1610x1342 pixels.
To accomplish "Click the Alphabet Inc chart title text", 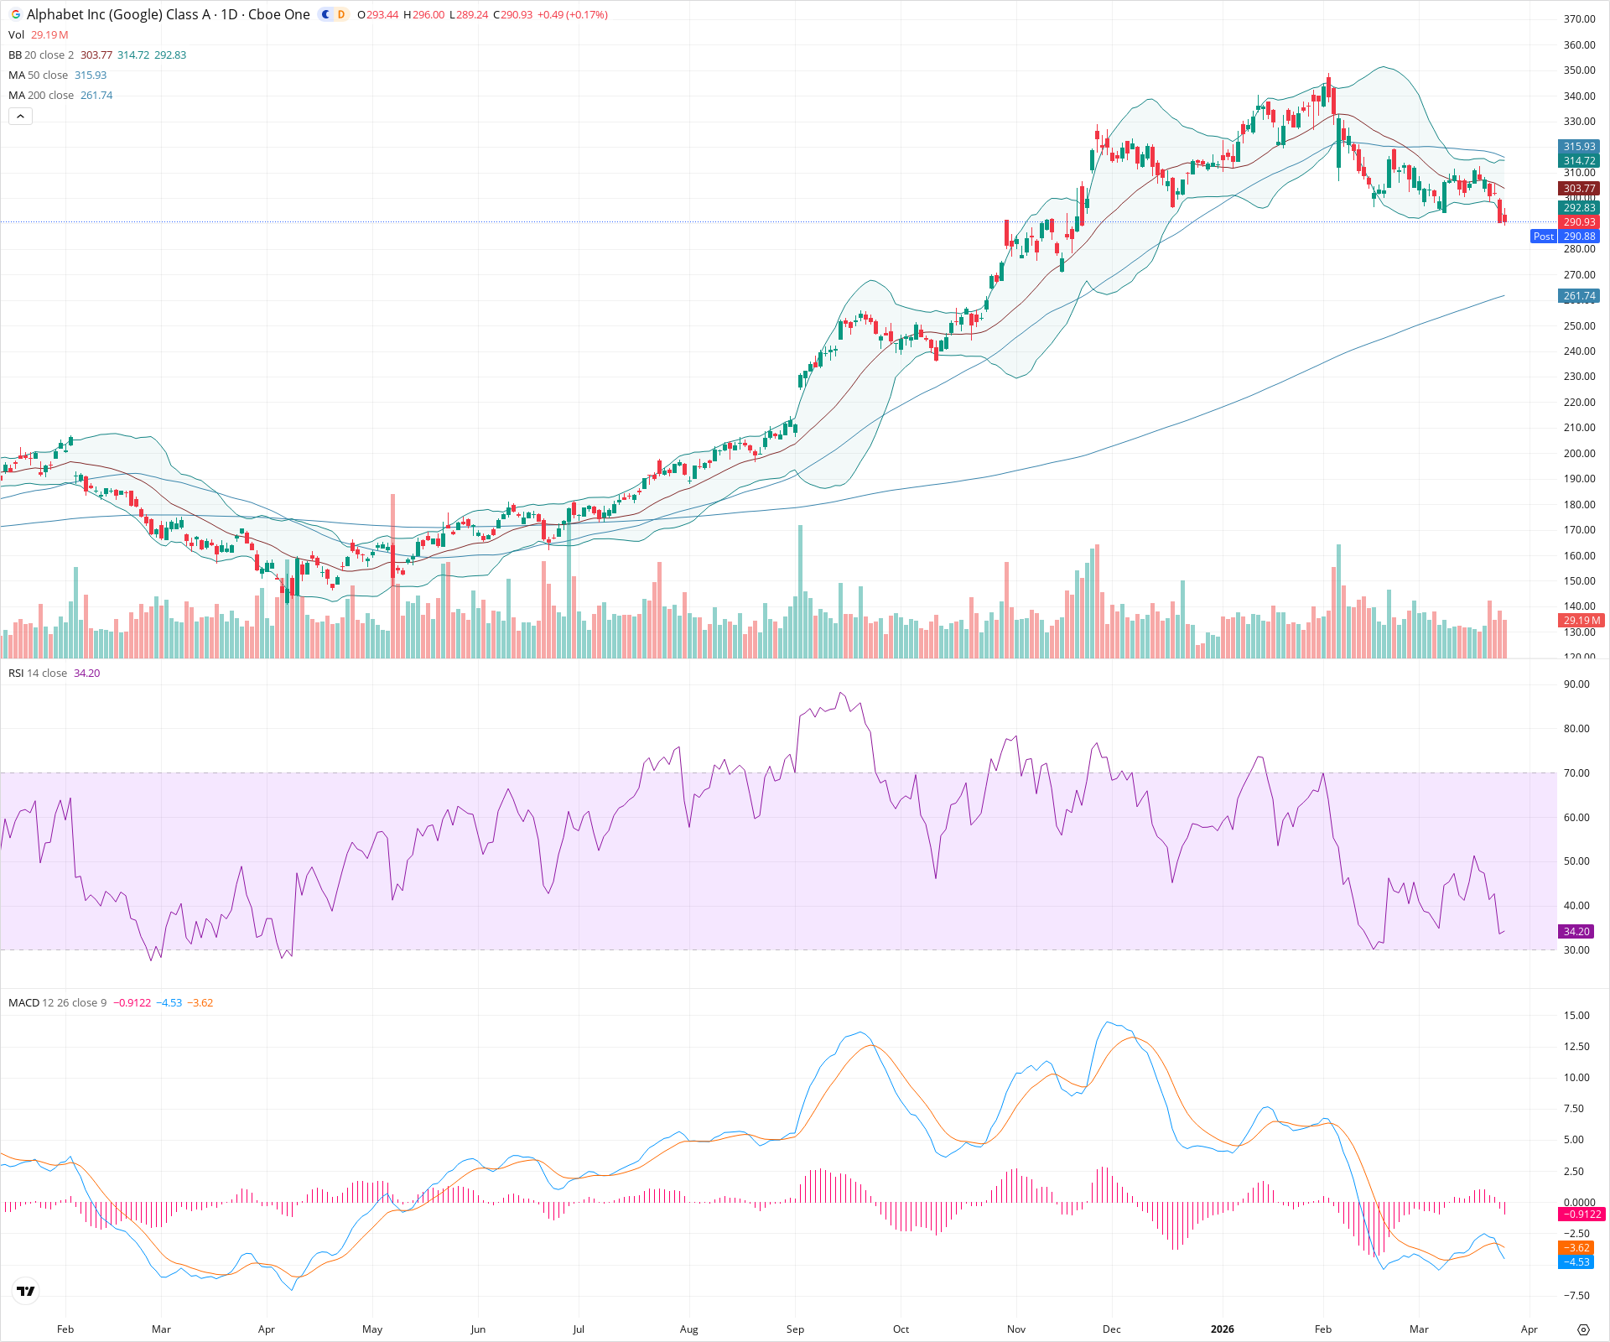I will coord(168,14).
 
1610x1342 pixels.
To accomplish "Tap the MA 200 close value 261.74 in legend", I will coord(96,95).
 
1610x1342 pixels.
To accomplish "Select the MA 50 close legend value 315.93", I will coord(91,75).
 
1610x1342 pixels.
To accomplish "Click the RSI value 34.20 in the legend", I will coord(86,673).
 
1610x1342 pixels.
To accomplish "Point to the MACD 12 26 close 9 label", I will coord(57,1002).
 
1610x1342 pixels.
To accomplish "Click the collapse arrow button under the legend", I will coord(21,117).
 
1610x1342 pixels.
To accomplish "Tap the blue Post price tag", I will coord(1543,237).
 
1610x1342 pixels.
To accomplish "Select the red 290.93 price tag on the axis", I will coord(1579,222).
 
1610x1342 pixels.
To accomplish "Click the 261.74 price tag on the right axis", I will coord(1579,296).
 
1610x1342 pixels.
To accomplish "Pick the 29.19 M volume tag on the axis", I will coord(1581,621).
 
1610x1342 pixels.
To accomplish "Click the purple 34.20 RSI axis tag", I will coord(1576,931).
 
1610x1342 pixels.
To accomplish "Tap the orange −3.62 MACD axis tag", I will coord(1576,1248).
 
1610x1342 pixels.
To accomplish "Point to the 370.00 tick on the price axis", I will coord(1579,19).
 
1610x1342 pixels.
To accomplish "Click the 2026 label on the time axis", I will coord(1223,1329).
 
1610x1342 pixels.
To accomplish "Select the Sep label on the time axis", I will coord(795,1329).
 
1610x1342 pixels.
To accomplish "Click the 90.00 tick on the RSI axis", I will coord(1576,684).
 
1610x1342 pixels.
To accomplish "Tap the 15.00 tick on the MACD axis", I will coord(1576,1015).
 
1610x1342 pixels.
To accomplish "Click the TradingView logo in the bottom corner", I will coord(26,1291).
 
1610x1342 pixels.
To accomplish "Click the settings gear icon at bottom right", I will coord(1583,1329).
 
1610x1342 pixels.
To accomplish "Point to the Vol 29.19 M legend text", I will coord(39,34).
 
